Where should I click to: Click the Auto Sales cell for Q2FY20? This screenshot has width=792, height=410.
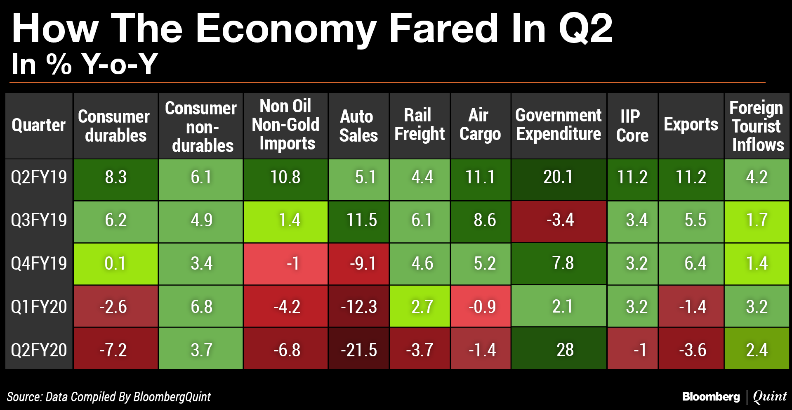coord(358,350)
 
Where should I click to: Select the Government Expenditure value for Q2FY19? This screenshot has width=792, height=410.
coord(558,177)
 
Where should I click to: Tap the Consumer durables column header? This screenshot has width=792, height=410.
coord(115,126)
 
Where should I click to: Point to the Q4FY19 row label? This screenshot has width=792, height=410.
coord(39,263)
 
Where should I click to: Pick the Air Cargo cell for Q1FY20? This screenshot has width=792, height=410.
coord(481,306)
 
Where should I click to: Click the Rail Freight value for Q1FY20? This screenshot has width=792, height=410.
coord(420,306)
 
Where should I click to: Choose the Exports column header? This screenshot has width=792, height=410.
coord(691,125)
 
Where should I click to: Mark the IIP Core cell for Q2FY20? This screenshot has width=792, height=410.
coord(632,350)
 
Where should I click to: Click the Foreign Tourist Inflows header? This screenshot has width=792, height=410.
coord(757,126)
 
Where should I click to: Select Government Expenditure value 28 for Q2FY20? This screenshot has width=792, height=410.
coord(565,350)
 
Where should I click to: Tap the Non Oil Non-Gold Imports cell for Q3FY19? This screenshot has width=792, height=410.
coord(286,220)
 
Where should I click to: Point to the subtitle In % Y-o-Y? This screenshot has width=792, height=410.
coord(85,64)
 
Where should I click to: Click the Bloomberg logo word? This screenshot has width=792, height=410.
coord(711,397)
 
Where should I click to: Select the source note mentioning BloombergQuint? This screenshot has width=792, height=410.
coord(109,397)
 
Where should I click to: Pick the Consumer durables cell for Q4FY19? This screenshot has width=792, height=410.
coord(115,263)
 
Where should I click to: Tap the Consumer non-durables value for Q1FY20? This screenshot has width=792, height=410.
coord(201,306)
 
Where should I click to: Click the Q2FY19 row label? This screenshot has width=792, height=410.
coord(39,177)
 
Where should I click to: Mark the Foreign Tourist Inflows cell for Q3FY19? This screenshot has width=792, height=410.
coord(757,220)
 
